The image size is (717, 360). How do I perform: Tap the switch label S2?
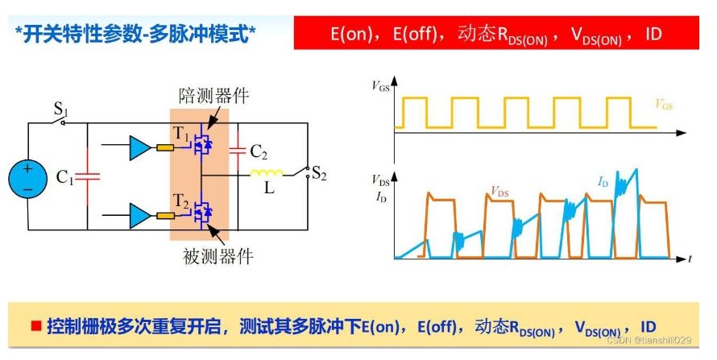318,172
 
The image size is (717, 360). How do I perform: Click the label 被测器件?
218,257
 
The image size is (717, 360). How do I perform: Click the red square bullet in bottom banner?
35,325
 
